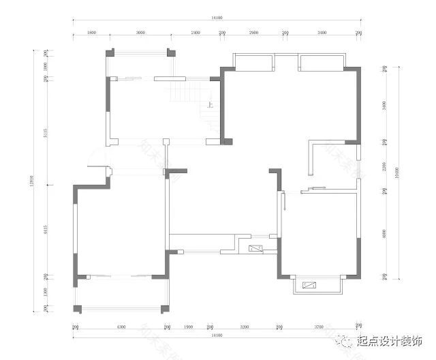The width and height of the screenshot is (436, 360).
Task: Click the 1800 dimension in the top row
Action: click(x=92, y=32)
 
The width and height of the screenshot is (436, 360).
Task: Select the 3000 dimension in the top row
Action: click(x=140, y=32)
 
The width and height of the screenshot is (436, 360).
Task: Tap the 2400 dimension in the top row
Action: click(x=195, y=32)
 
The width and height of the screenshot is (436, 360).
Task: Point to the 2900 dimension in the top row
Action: click(x=253, y=32)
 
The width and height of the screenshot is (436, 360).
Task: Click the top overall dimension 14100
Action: click(x=217, y=18)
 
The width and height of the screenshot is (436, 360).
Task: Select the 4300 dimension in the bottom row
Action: click(x=121, y=327)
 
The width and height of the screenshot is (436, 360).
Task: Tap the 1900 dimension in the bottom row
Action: click(x=188, y=327)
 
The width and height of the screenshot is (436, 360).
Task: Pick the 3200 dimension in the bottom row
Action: click(x=244, y=327)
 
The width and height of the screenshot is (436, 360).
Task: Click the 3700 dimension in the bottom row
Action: click(x=318, y=327)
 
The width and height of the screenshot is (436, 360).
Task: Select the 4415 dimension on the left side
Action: click(x=44, y=230)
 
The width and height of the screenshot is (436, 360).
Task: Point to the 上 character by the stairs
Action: click(x=210, y=106)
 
